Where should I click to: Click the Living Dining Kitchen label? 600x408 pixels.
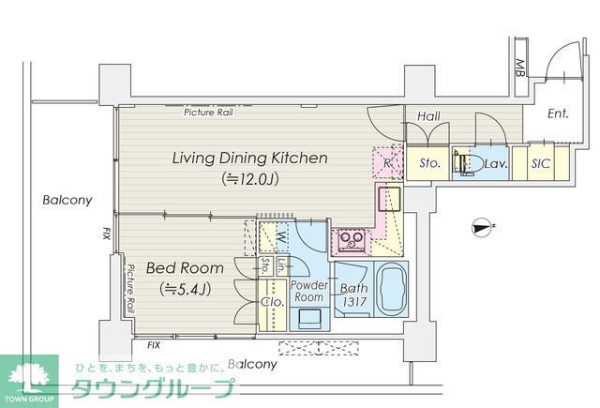249,159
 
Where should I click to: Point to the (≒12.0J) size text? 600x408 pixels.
249,178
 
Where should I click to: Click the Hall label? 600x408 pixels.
428,118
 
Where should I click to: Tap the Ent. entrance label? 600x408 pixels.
558,115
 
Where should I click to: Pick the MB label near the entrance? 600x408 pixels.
518,68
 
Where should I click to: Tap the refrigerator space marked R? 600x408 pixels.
387,161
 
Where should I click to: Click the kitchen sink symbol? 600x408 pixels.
389,200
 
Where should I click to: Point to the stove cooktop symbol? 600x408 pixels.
352,241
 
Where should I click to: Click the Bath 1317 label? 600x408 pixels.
353,295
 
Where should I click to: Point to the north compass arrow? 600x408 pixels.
484,224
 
